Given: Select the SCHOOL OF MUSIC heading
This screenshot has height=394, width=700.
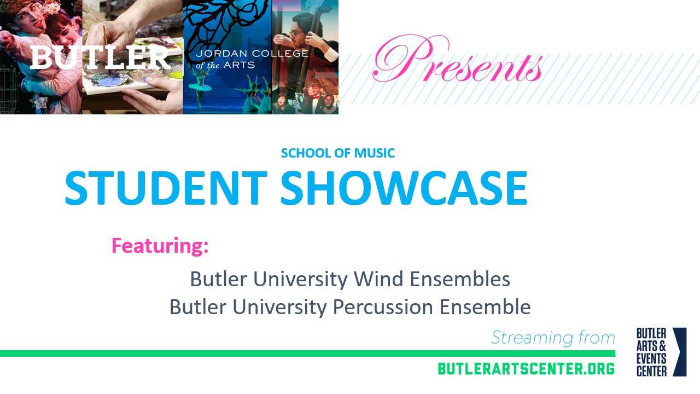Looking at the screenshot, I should (x=337, y=153).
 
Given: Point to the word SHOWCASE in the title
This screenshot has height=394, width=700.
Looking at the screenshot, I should (x=404, y=188).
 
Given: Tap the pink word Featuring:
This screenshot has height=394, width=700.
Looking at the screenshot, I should (x=160, y=246).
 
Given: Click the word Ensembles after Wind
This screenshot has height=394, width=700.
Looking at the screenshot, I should (x=460, y=279).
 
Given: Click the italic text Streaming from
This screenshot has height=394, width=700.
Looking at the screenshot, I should (x=553, y=338).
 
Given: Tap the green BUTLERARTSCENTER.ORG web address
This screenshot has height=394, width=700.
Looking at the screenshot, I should (x=526, y=369).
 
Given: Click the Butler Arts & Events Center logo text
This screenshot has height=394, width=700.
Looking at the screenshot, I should (x=651, y=352).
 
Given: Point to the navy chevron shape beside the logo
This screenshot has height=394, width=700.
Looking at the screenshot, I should (x=680, y=352).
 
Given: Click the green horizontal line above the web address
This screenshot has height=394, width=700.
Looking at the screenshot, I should (x=306, y=354).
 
